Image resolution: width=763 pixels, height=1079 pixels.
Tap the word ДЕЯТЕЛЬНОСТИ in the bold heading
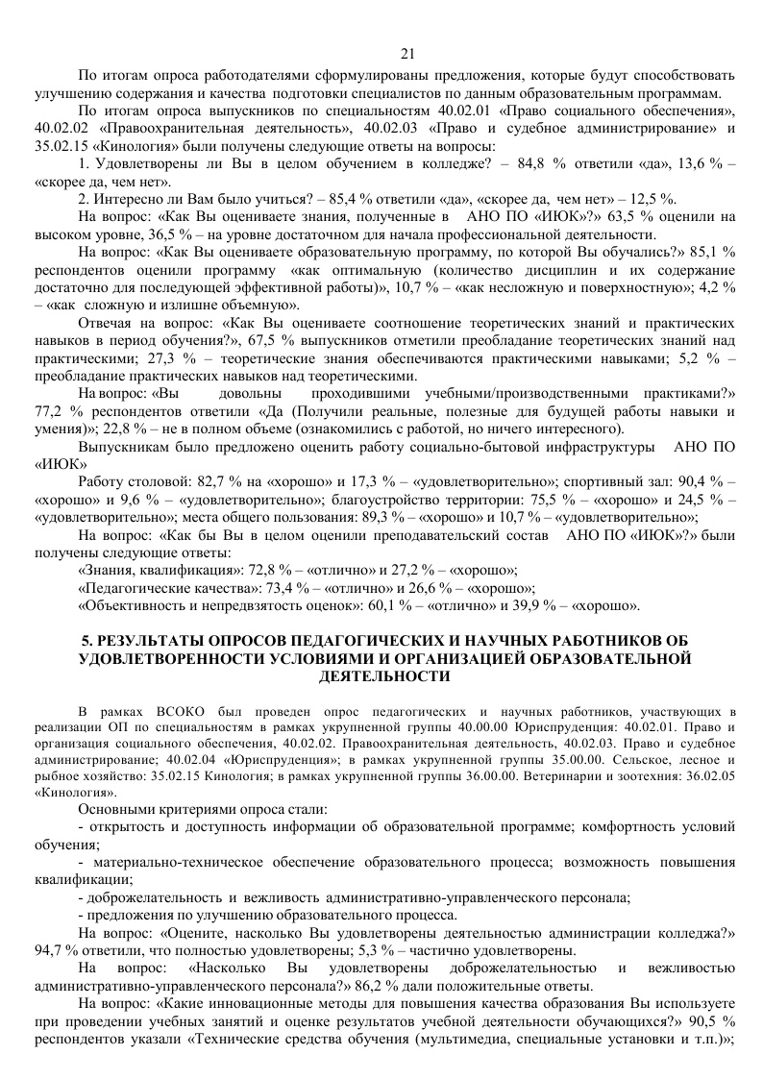click(381, 675)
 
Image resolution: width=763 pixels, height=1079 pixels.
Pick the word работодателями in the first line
click(217, 75)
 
